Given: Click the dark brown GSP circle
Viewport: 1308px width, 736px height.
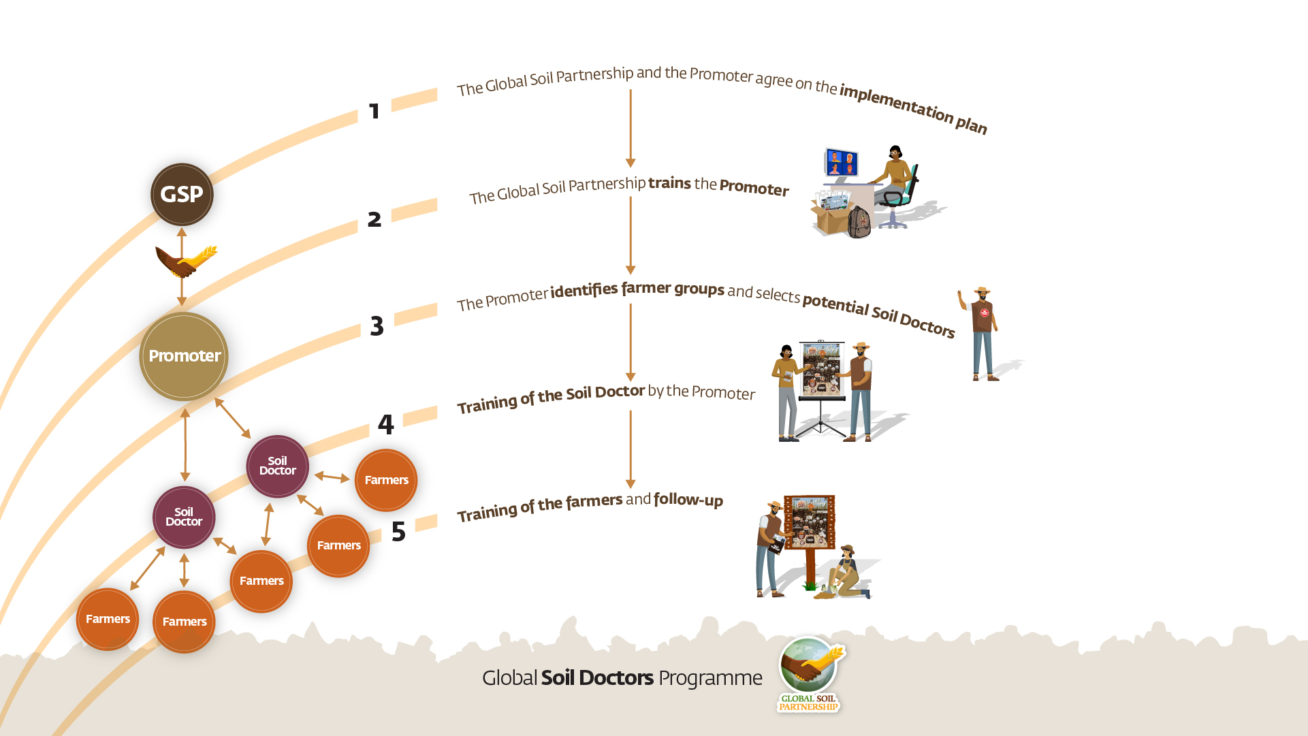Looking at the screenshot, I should click(182, 195).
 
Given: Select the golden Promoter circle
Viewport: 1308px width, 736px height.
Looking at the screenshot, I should click(184, 355).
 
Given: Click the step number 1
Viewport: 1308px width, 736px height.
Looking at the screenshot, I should click(374, 111).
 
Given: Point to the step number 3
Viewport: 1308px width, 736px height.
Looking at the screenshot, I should click(377, 326).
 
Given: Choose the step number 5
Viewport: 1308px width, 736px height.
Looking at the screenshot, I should click(398, 532).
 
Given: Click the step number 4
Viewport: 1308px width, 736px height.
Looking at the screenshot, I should click(385, 425).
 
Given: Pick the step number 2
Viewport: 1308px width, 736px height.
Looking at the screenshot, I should click(374, 219).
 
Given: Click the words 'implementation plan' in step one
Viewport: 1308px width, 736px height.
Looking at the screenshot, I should click(913, 108).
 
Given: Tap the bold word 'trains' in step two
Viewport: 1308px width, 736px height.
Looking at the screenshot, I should click(669, 183).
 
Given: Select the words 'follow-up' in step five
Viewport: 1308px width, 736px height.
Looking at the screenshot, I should click(688, 500).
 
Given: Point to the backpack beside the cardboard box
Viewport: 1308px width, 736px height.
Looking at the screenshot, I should click(859, 222).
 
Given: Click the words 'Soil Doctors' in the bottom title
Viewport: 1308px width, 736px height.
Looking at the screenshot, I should click(597, 678).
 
